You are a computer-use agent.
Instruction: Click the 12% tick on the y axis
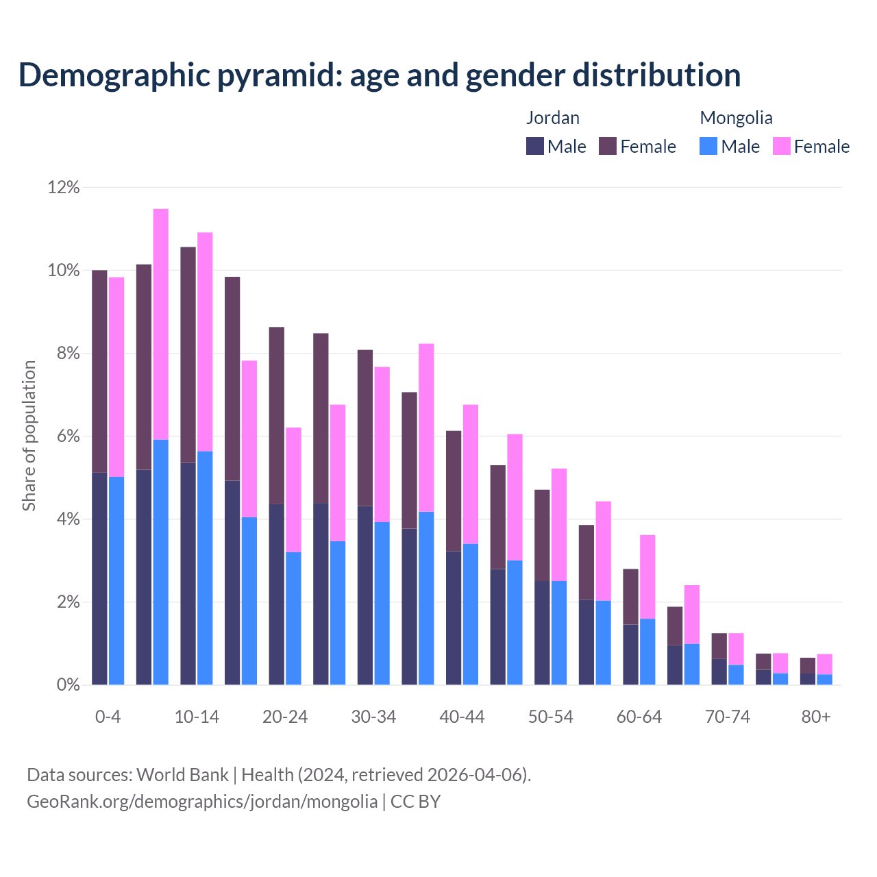tap(64, 187)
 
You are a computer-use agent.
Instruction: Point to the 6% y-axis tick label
tap(64, 436)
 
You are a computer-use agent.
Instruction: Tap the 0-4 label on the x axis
tap(108, 717)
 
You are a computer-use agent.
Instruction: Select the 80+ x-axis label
tap(816, 717)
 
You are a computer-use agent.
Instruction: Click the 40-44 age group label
tap(462, 717)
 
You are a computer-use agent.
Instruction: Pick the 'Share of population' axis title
tap(29, 436)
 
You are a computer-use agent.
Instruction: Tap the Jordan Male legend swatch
tap(535, 146)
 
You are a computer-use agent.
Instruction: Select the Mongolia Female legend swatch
tap(782, 146)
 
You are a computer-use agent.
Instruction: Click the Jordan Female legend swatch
tap(608, 146)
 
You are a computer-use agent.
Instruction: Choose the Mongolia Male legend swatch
tap(708, 146)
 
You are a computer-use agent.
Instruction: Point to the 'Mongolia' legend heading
tap(736, 118)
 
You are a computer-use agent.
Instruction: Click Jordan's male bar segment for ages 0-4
tap(99, 579)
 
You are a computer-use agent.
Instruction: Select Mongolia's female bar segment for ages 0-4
tap(116, 377)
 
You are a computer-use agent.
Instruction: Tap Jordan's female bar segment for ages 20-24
tap(276, 416)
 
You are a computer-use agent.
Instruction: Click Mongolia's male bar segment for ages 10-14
tap(205, 568)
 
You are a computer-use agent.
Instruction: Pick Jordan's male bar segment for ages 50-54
tap(542, 633)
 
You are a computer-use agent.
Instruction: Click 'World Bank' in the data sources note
tap(182, 775)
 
